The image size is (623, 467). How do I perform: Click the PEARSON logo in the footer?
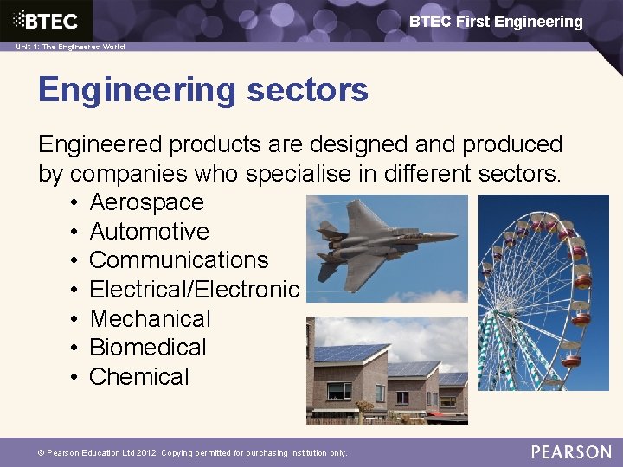click(x=571, y=451)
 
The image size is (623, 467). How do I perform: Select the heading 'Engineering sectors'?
click(x=203, y=89)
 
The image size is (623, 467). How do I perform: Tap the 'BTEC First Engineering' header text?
click(x=496, y=22)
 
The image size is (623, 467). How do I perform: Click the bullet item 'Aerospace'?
click(x=146, y=202)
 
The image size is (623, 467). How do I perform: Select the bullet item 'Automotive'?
click(x=149, y=232)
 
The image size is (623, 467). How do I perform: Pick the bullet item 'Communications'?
click(x=178, y=260)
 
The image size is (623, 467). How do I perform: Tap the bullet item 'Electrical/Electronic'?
click(x=194, y=290)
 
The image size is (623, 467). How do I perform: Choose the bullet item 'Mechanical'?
click(x=150, y=319)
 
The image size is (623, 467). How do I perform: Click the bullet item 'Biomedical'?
click(x=148, y=348)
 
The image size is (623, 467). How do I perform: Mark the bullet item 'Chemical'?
click(x=138, y=377)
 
